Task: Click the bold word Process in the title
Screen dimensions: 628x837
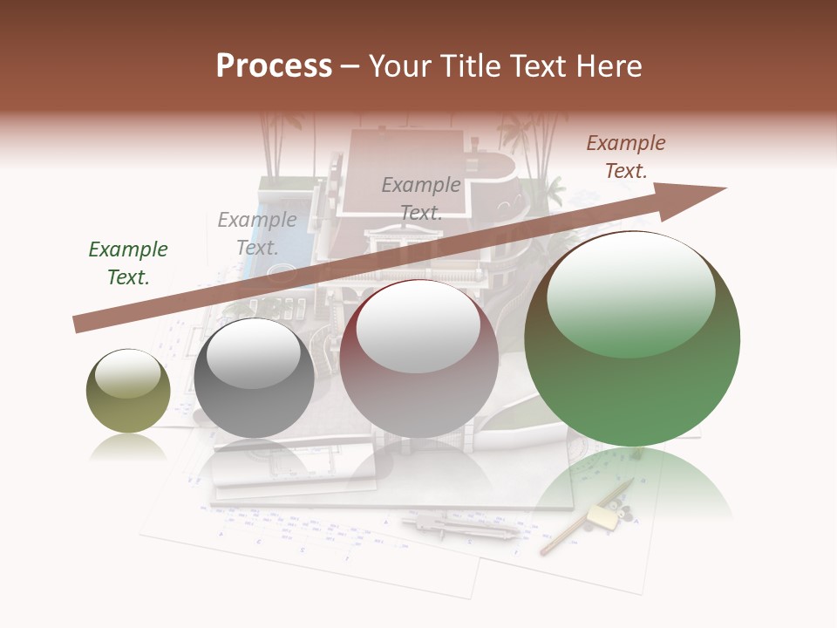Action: (274, 66)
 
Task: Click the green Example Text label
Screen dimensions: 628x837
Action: (128, 263)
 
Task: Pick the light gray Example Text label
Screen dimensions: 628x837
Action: (257, 234)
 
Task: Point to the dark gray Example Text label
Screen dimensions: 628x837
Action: (421, 199)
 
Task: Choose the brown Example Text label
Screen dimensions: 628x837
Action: (626, 157)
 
